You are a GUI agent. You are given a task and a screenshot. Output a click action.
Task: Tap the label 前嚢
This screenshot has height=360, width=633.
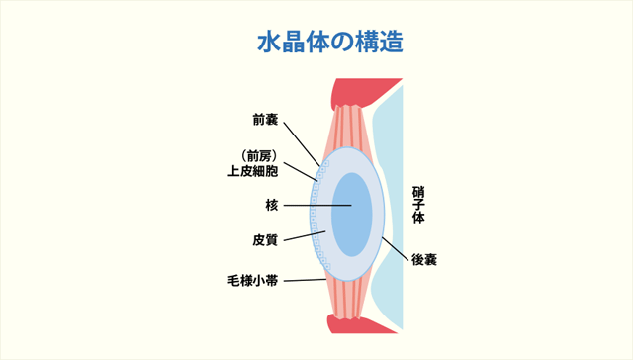point(265,122)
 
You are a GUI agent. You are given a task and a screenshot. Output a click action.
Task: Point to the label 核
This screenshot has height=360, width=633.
point(272,206)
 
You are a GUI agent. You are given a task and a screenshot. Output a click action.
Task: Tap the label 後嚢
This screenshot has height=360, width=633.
point(425,260)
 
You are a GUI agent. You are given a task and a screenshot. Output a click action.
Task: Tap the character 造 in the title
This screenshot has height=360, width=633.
point(390,44)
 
